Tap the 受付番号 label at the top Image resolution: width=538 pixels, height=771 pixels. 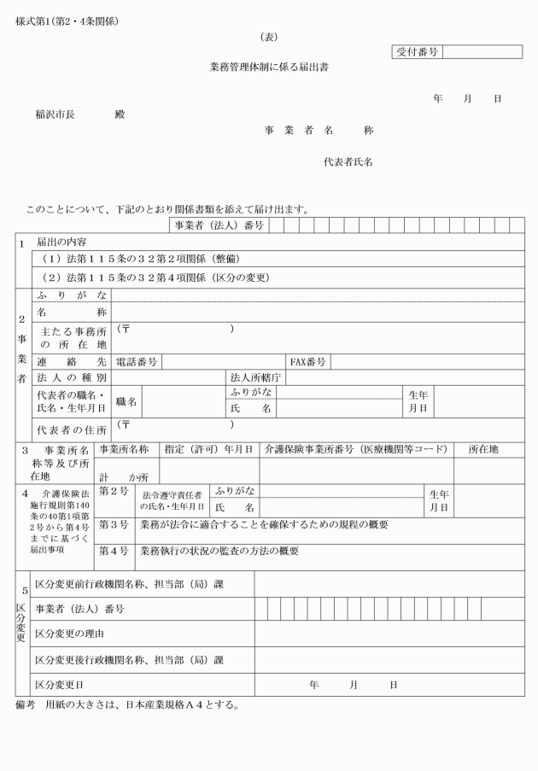(x=416, y=52)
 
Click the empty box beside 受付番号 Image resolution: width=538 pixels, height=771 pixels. (x=482, y=52)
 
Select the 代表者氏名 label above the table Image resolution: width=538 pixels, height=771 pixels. (x=348, y=161)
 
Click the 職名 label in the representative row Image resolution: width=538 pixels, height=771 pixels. (x=126, y=400)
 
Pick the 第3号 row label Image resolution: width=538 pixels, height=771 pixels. (x=114, y=524)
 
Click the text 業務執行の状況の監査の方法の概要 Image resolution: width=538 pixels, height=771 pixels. (x=219, y=552)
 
